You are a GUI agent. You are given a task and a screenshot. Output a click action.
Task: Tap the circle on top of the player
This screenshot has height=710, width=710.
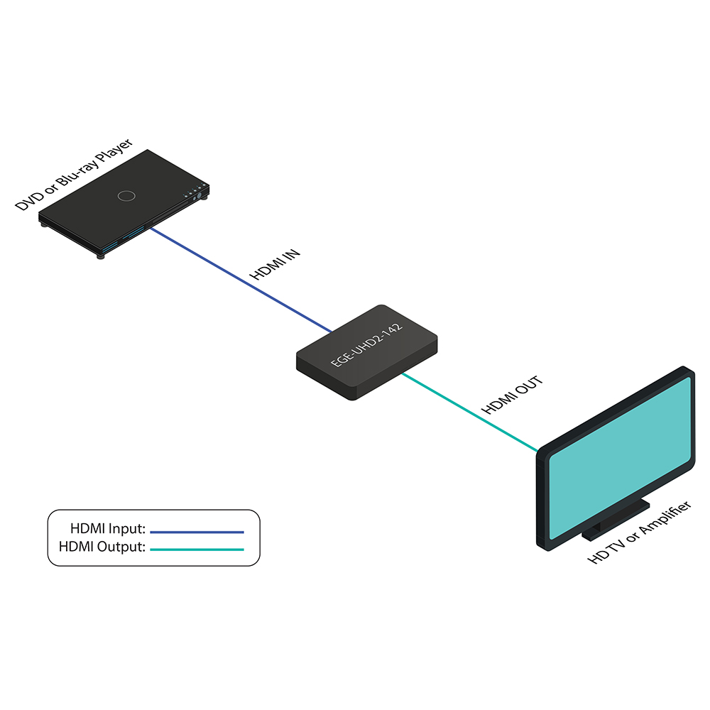126,196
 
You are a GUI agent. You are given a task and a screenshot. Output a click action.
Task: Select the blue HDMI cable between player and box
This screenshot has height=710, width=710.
241,280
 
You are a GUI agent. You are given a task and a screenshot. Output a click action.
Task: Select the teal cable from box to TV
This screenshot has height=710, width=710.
469,411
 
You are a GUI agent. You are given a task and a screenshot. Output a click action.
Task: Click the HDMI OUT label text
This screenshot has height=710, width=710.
512,395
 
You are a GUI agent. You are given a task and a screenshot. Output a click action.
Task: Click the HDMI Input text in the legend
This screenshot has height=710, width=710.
108,529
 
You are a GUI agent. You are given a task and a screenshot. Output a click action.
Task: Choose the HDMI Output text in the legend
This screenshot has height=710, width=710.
103,547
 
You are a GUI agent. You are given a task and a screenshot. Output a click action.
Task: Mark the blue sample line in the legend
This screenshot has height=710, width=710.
197,531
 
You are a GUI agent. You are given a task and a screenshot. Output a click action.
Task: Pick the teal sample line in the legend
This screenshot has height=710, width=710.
197,550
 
